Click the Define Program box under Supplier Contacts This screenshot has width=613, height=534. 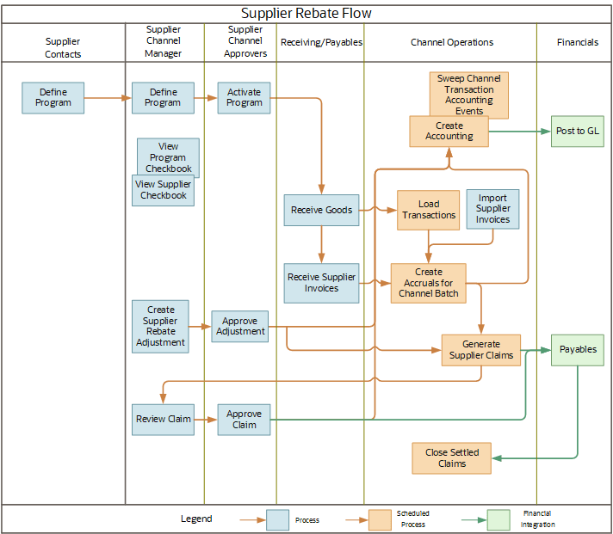click(x=53, y=98)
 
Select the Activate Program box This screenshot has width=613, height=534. click(x=244, y=98)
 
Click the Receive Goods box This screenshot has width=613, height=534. click(x=321, y=210)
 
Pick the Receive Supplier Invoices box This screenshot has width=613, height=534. click(x=321, y=283)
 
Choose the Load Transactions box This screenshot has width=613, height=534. click(x=428, y=210)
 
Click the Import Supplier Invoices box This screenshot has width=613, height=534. click(x=492, y=209)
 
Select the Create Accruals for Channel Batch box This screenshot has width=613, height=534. click(x=428, y=283)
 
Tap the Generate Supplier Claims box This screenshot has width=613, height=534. click(x=480, y=350)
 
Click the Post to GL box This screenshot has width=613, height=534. click(x=577, y=132)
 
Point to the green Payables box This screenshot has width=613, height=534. click(x=577, y=350)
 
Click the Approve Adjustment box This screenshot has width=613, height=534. click(x=240, y=326)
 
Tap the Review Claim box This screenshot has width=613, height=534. click(x=163, y=420)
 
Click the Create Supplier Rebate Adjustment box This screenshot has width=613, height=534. click(x=160, y=326)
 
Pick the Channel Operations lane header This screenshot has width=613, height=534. click(x=452, y=42)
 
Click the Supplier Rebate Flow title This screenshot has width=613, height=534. click(x=306, y=14)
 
